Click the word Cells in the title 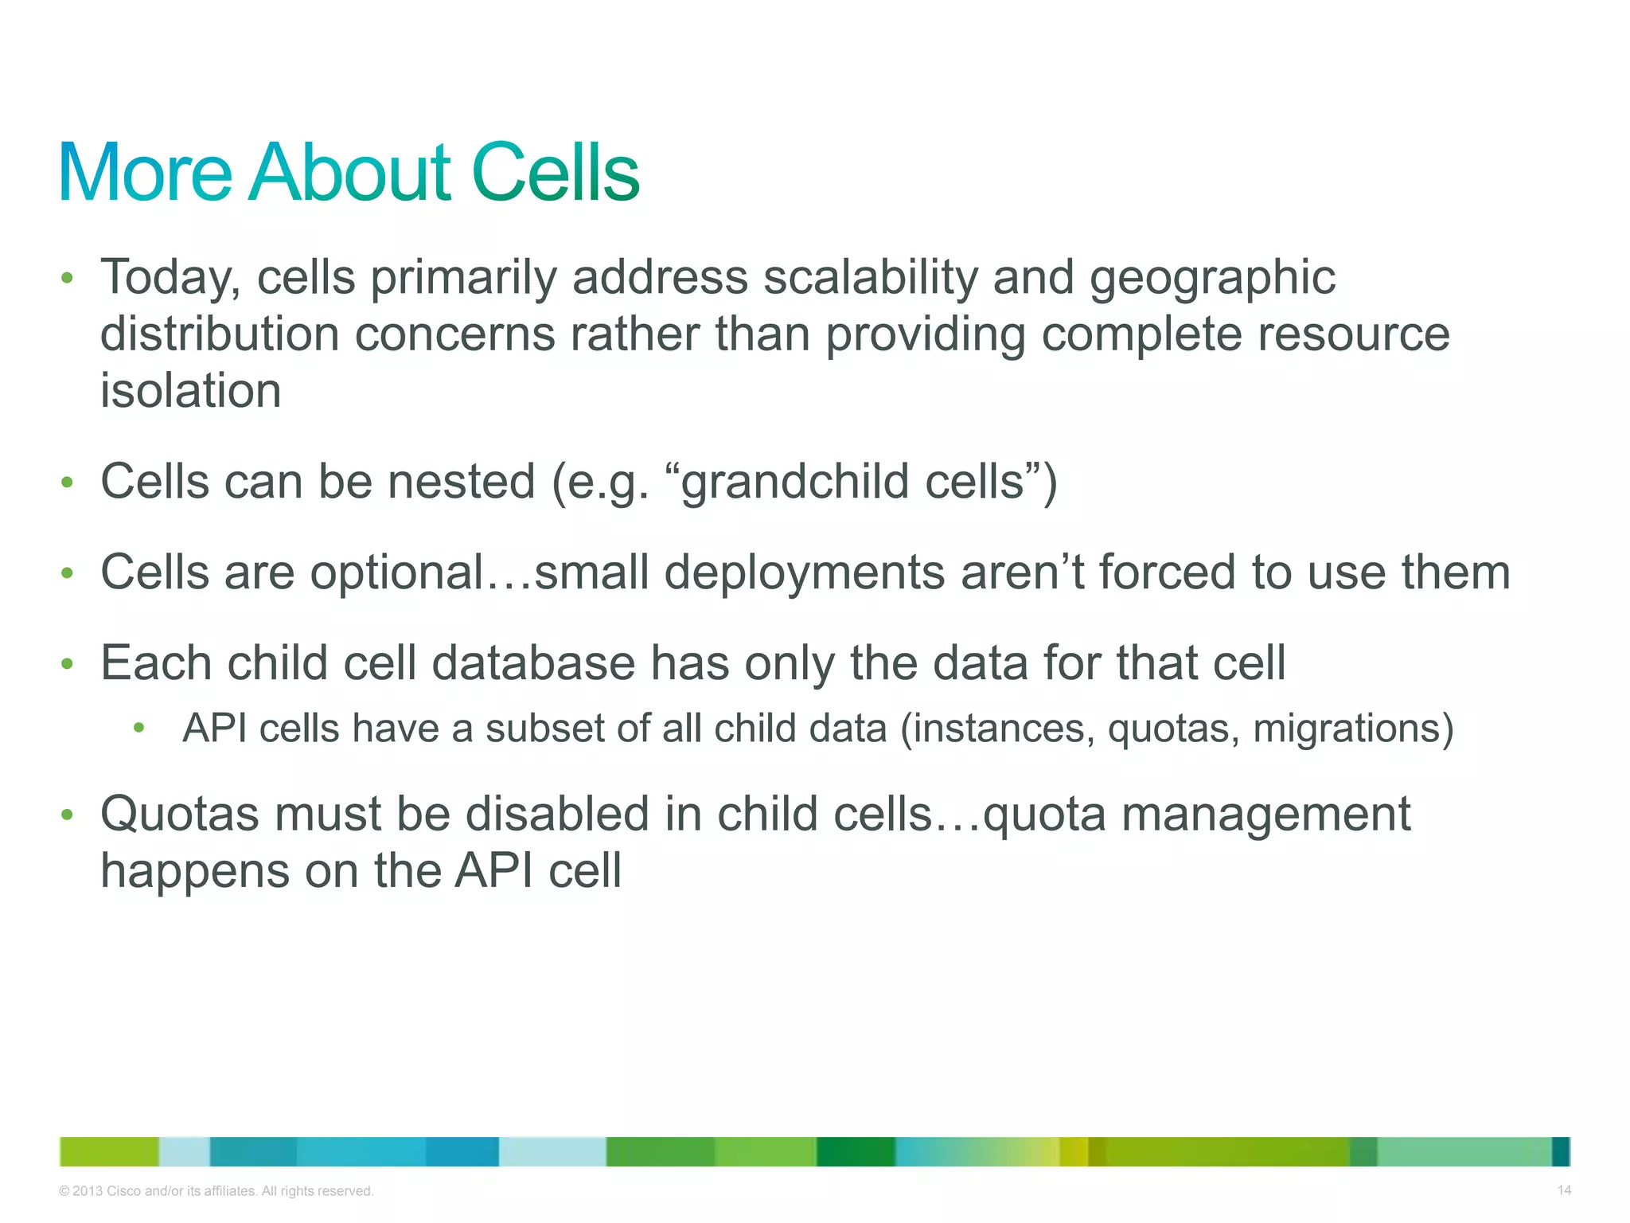(x=556, y=173)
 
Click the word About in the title (x=350, y=173)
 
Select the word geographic (x=1211, y=279)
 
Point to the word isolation (x=190, y=391)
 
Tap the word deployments (x=804, y=573)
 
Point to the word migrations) (x=1353, y=729)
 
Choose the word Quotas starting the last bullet (x=180, y=815)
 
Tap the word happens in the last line (x=195, y=872)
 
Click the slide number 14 (x=1564, y=1190)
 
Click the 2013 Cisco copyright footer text (x=216, y=1191)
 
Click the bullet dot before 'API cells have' (x=139, y=727)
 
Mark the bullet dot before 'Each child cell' (x=68, y=663)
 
